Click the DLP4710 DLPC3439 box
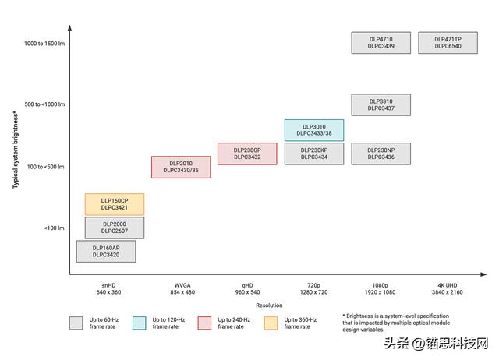(381, 43)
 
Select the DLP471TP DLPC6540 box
(448, 43)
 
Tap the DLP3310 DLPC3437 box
(381, 104)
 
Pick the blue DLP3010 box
(314, 130)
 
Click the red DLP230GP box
(247, 154)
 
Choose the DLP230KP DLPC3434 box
(314, 154)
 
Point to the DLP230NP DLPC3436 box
(381, 154)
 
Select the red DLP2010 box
(181, 167)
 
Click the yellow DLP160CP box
(115, 204)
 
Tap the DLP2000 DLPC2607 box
(115, 228)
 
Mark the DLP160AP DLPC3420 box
(106, 251)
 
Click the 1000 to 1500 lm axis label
(44, 44)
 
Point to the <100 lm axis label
(54, 228)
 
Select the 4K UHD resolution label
(447, 289)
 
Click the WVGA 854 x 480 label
(182, 289)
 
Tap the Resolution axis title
(269, 305)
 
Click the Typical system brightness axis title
(16, 150)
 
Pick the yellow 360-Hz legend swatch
(271, 323)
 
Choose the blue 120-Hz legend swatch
(140, 323)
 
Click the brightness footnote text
(396, 323)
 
